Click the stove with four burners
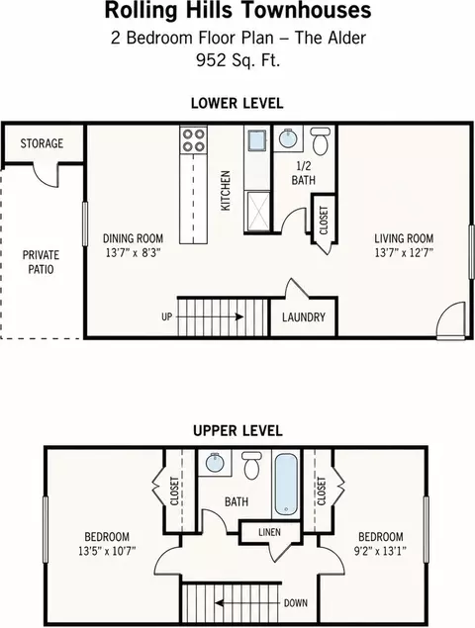(194, 140)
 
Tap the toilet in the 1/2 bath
(321, 141)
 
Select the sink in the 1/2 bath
(288, 138)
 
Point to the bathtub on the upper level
(286, 485)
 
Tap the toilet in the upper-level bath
(251, 466)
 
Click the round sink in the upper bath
(215, 463)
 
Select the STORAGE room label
(42, 143)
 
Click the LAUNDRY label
(304, 317)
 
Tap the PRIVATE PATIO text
(41, 262)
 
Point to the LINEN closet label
(269, 532)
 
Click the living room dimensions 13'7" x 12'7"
(404, 253)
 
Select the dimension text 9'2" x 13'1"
(380, 551)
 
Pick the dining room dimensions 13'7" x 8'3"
(133, 253)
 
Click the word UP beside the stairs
(167, 316)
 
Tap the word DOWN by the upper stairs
(296, 602)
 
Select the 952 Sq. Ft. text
(238, 60)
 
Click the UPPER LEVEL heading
(237, 431)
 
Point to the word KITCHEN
(226, 191)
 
